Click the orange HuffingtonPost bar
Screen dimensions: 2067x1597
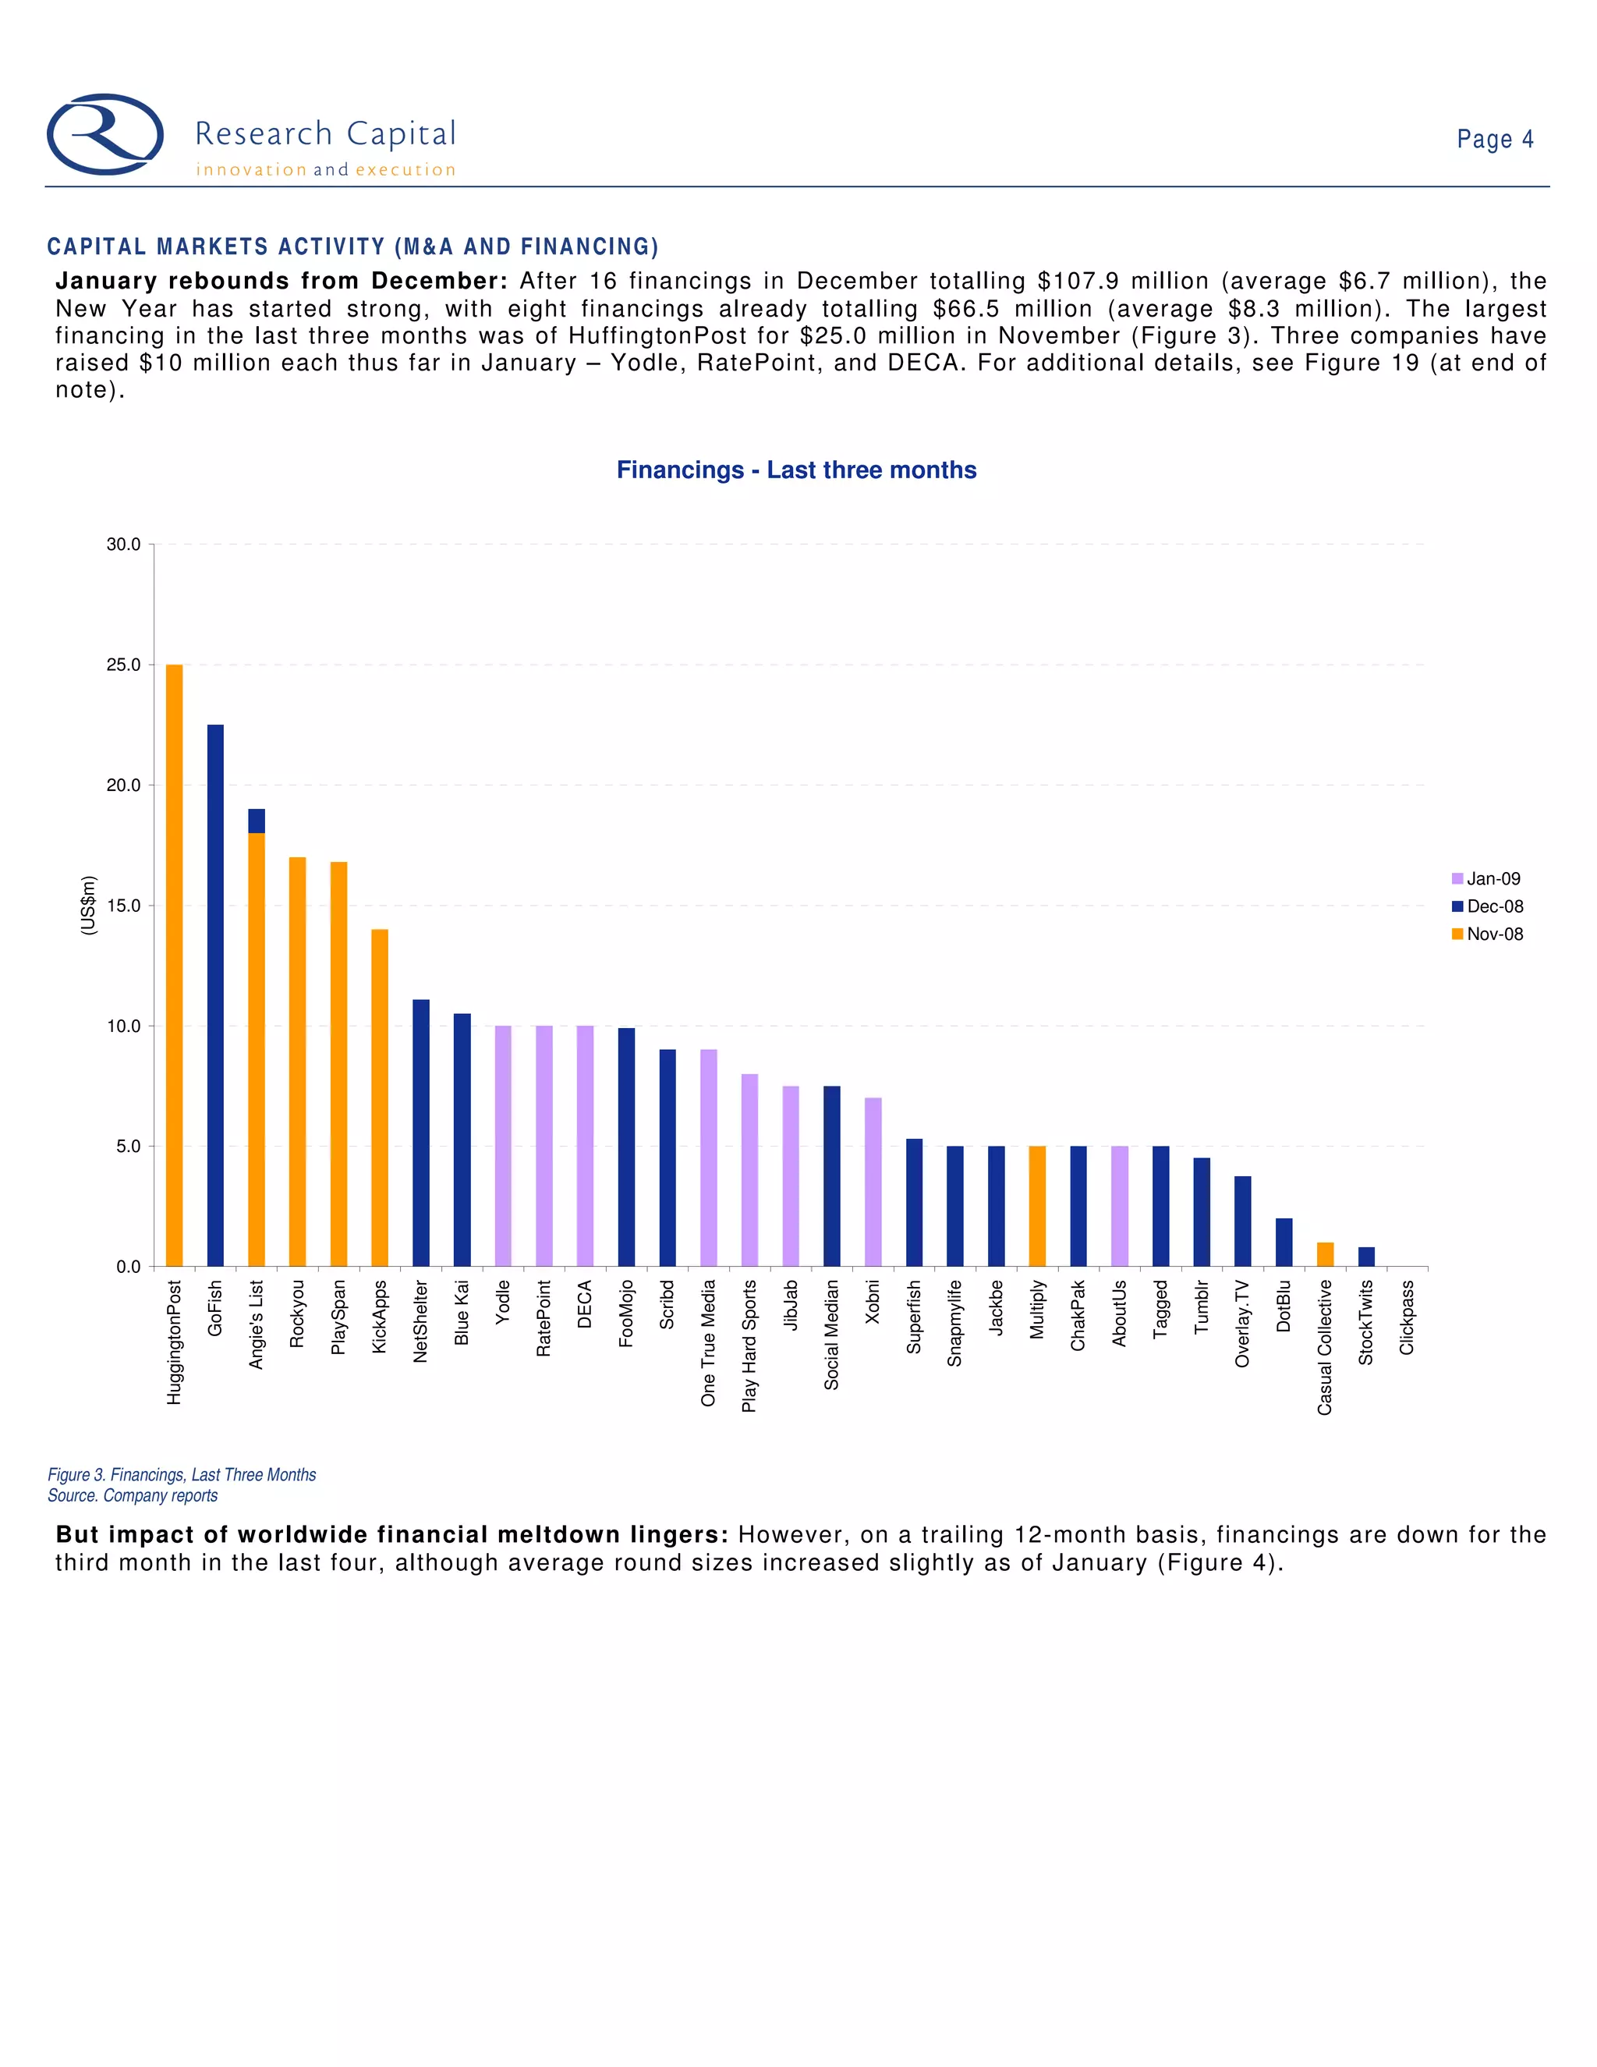(x=174, y=966)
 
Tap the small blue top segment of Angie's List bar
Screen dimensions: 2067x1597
(x=257, y=821)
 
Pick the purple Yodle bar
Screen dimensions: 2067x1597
(x=503, y=1146)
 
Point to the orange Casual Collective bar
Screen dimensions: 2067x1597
(x=1325, y=1254)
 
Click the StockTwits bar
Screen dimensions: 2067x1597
(x=1366, y=1257)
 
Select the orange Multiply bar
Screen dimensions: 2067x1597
(x=1037, y=1206)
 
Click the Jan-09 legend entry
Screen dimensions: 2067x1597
(x=1486, y=878)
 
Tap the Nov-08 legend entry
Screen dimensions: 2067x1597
(x=1487, y=934)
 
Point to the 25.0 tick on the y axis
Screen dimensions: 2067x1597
(x=124, y=665)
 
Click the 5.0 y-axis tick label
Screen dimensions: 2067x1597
(x=128, y=1146)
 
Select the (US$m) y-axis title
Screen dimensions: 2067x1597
(x=89, y=906)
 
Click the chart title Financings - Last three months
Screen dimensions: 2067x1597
(x=797, y=470)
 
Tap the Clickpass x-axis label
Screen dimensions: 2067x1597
(x=1407, y=1317)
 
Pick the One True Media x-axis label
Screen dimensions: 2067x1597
(x=709, y=1343)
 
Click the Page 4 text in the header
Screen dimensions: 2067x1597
(x=1495, y=139)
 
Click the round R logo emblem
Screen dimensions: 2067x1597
(x=105, y=134)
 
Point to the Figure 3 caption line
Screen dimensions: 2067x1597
(x=182, y=1474)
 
